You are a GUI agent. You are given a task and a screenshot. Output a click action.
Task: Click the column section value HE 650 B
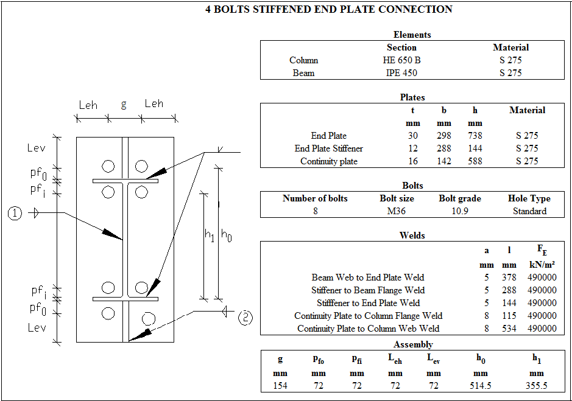point(401,60)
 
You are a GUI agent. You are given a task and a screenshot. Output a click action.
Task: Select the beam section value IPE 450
point(401,73)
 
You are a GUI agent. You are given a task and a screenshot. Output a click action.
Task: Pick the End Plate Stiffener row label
point(328,148)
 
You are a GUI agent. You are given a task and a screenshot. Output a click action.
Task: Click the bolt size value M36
point(392,211)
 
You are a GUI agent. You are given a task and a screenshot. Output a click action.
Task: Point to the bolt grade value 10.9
point(459,211)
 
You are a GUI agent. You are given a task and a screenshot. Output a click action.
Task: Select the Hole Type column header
point(529,198)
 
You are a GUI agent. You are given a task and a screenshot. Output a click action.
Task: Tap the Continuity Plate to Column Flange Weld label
point(368,316)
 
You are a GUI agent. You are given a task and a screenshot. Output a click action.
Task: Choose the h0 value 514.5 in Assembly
point(481,386)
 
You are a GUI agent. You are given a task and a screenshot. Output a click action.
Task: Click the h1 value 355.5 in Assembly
point(536,386)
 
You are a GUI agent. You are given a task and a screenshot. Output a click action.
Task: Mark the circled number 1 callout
point(16,213)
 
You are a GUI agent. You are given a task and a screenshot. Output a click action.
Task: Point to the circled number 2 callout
point(245,317)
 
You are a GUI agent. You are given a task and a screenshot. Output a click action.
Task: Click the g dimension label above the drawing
point(124,104)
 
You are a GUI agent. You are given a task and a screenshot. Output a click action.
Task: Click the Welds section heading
point(412,235)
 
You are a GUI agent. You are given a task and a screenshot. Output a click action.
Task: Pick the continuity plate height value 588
point(475,161)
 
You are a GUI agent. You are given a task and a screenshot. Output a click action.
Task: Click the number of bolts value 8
point(315,211)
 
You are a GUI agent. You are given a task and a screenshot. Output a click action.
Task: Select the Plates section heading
point(412,97)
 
